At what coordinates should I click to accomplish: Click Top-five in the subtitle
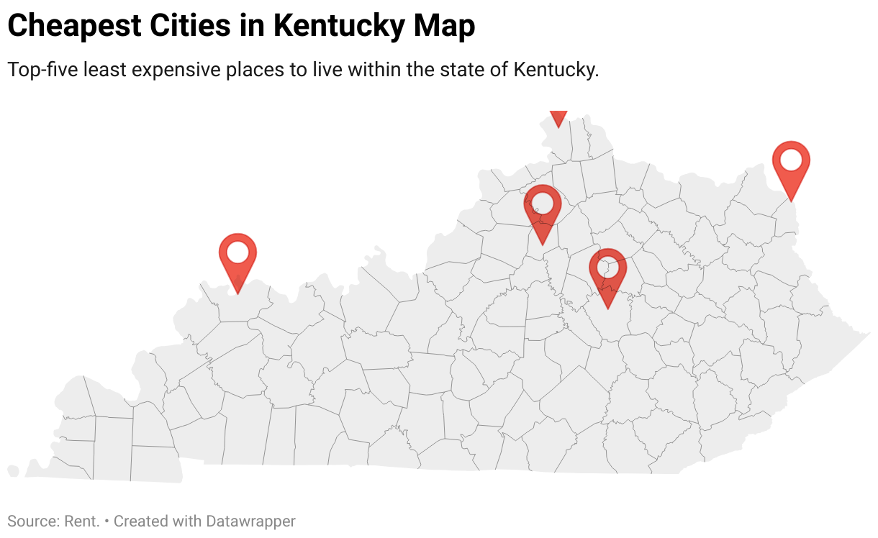(x=42, y=70)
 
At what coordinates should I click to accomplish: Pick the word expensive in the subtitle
(x=184, y=70)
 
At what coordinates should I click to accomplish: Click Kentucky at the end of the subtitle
(x=556, y=70)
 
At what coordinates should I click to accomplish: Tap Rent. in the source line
(x=81, y=521)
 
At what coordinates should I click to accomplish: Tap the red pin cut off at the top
(x=558, y=117)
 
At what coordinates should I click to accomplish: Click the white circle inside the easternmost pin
(x=791, y=160)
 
